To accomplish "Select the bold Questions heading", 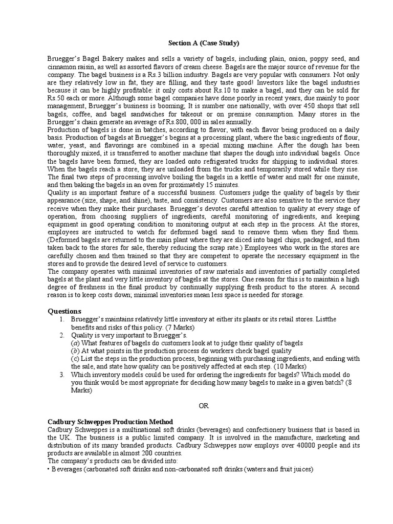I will click(x=65, y=311).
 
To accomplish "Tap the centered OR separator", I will click(x=204, y=406).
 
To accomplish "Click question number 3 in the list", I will click(x=61, y=375).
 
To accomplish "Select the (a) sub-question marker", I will click(x=75, y=343).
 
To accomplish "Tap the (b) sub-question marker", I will click(x=75, y=351).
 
